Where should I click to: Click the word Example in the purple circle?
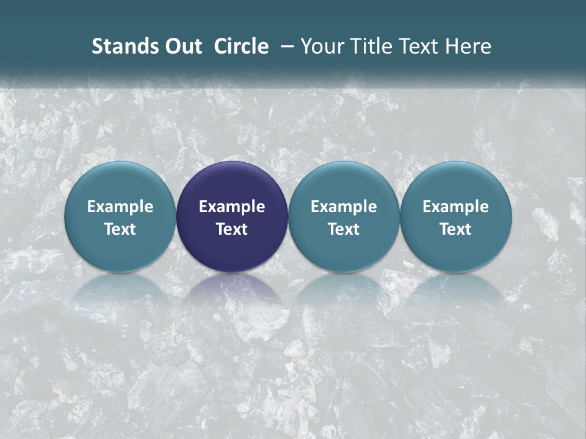click(232, 207)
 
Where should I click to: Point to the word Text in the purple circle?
click(232, 229)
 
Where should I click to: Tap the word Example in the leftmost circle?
click(120, 207)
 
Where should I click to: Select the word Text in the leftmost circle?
click(120, 229)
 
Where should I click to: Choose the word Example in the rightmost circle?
click(455, 207)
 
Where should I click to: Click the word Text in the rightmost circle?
click(455, 229)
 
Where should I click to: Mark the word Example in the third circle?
click(344, 207)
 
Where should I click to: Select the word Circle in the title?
click(241, 46)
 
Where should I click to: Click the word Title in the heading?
click(367, 46)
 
